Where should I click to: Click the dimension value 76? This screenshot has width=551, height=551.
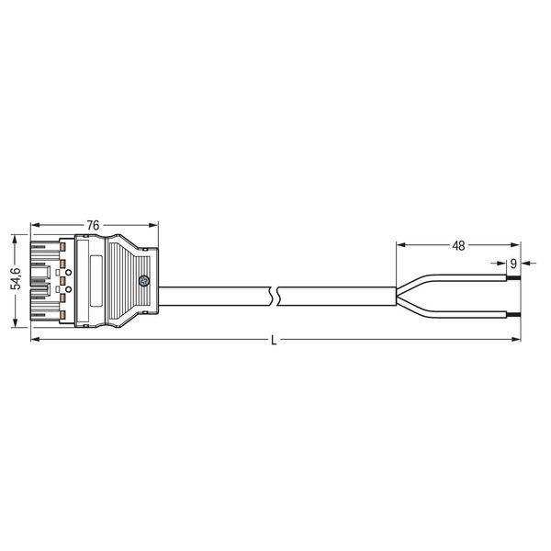point(93,225)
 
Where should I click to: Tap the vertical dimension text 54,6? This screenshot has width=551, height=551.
point(16,278)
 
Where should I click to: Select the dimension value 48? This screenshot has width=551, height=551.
point(458,245)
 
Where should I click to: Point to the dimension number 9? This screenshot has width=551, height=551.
point(513,264)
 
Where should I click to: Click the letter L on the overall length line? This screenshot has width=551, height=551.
point(274,341)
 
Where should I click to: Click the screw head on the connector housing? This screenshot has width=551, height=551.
point(144,281)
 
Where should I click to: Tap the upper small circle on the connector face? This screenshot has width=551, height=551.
point(69,273)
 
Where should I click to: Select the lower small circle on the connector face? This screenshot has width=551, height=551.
point(69,289)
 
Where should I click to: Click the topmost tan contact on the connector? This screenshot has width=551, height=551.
point(63,247)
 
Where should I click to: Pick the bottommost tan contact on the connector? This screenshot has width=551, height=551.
point(63,315)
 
